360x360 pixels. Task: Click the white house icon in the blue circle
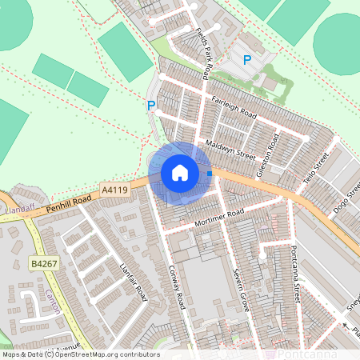[180, 173]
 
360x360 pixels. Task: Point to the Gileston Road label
[268, 155]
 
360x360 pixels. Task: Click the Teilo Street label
[317, 170]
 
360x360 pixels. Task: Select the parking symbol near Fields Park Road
[247, 60]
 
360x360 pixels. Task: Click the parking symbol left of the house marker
[150, 105]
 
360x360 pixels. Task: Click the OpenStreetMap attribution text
[80, 354]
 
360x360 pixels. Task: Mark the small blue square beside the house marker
[210, 173]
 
